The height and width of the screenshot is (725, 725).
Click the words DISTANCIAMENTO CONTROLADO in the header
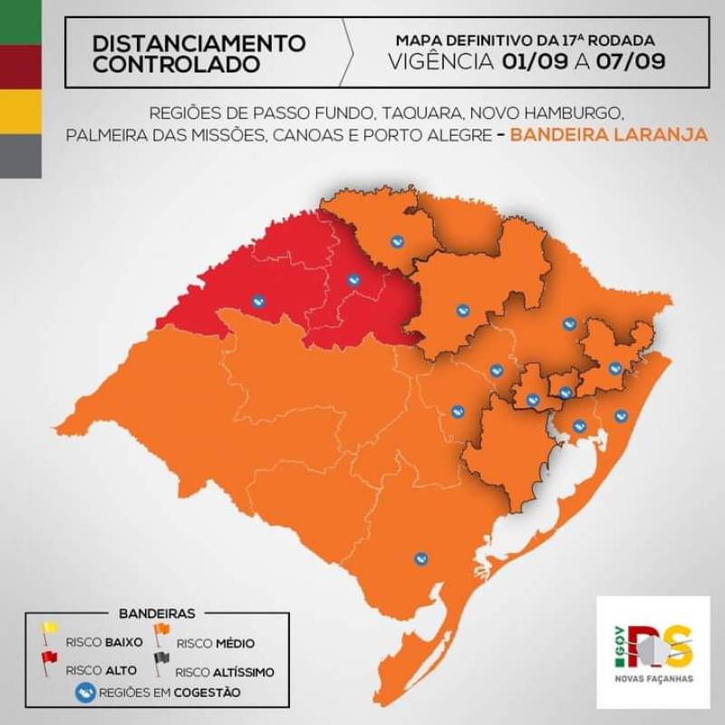click(x=199, y=53)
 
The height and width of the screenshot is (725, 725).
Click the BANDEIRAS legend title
click(x=157, y=614)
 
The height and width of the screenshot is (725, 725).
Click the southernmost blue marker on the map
click(x=419, y=560)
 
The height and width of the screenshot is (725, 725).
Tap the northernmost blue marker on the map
click(x=396, y=241)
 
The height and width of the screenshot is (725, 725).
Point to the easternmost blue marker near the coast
click(x=621, y=416)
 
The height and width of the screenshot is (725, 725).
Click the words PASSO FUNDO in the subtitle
click(x=323, y=115)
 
